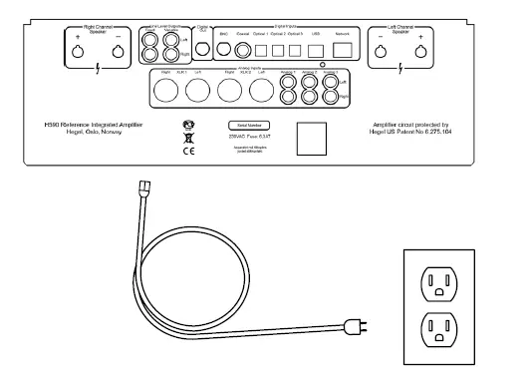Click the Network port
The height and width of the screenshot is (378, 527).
click(344, 48)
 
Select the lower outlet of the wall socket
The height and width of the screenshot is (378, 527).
click(440, 328)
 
